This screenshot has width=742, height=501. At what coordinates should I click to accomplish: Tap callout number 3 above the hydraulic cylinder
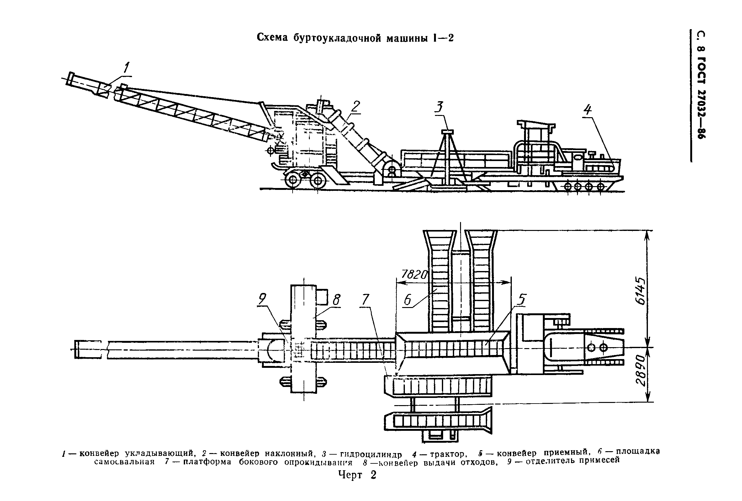[440, 107]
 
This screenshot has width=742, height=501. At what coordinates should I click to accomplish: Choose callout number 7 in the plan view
[365, 300]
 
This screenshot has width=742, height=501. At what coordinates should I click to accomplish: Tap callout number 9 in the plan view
[262, 299]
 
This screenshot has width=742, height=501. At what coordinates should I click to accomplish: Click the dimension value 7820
[414, 274]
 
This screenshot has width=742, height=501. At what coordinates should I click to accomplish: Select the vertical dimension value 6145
[640, 291]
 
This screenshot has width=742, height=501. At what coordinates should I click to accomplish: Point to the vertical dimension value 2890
[640, 374]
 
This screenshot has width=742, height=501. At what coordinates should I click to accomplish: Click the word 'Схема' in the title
[272, 38]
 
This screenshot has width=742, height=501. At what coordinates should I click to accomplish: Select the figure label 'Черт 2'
[357, 475]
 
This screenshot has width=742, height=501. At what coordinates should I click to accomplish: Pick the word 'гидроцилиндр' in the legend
[371, 454]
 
